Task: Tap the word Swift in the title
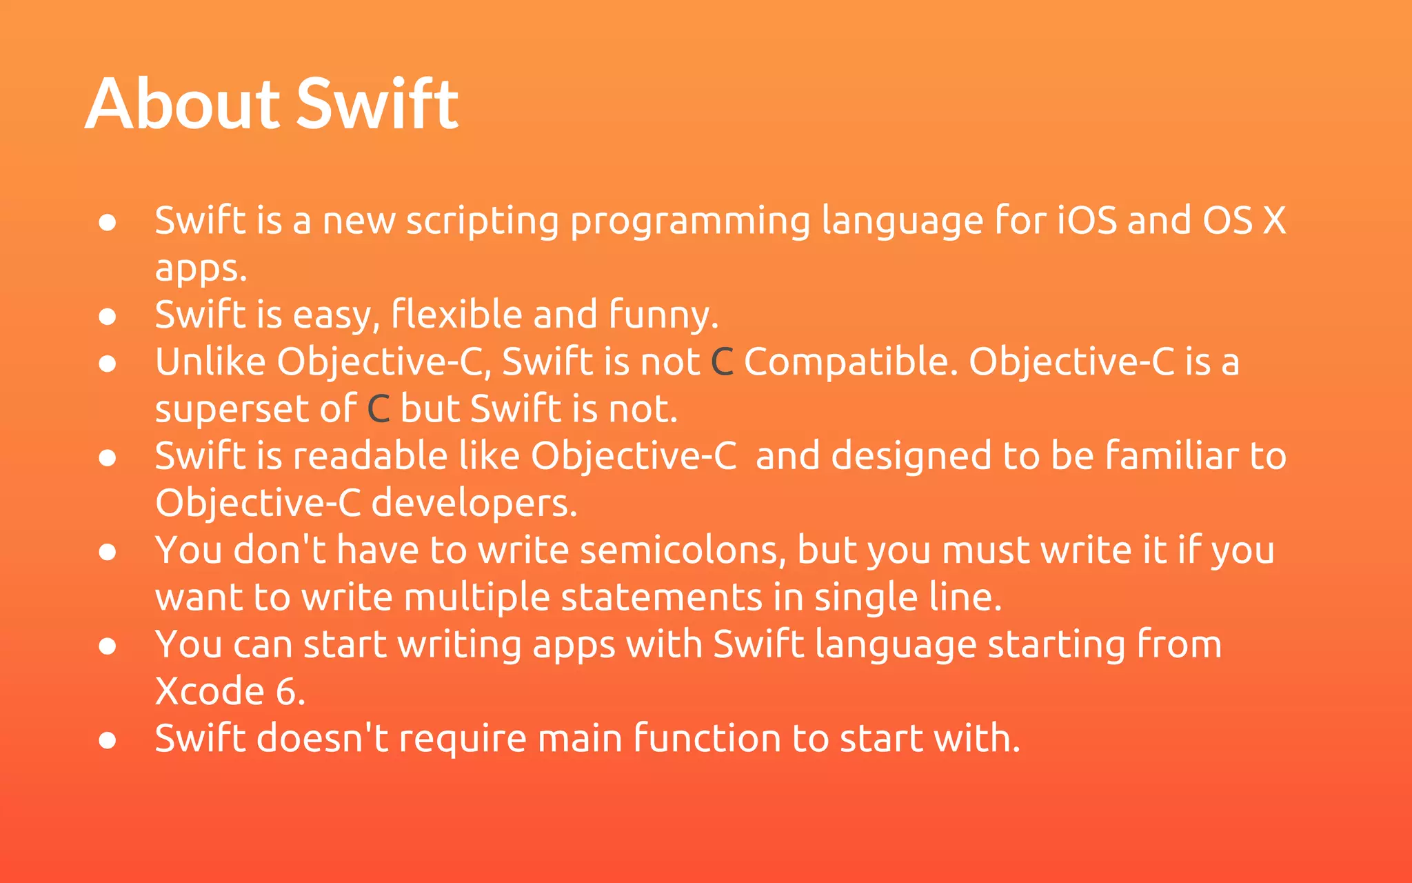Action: click(377, 105)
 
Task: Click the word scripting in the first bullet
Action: click(482, 222)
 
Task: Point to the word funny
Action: click(663, 316)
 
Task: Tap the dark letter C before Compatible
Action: click(722, 362)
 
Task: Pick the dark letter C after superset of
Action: click(379, 409)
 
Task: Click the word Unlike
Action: click(210, 362)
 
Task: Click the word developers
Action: click(474, 504)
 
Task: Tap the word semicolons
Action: click(683, 551)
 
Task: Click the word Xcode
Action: click(210, 692)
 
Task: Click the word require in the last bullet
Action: click(463, 740)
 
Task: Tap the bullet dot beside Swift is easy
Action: click(108, 317)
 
